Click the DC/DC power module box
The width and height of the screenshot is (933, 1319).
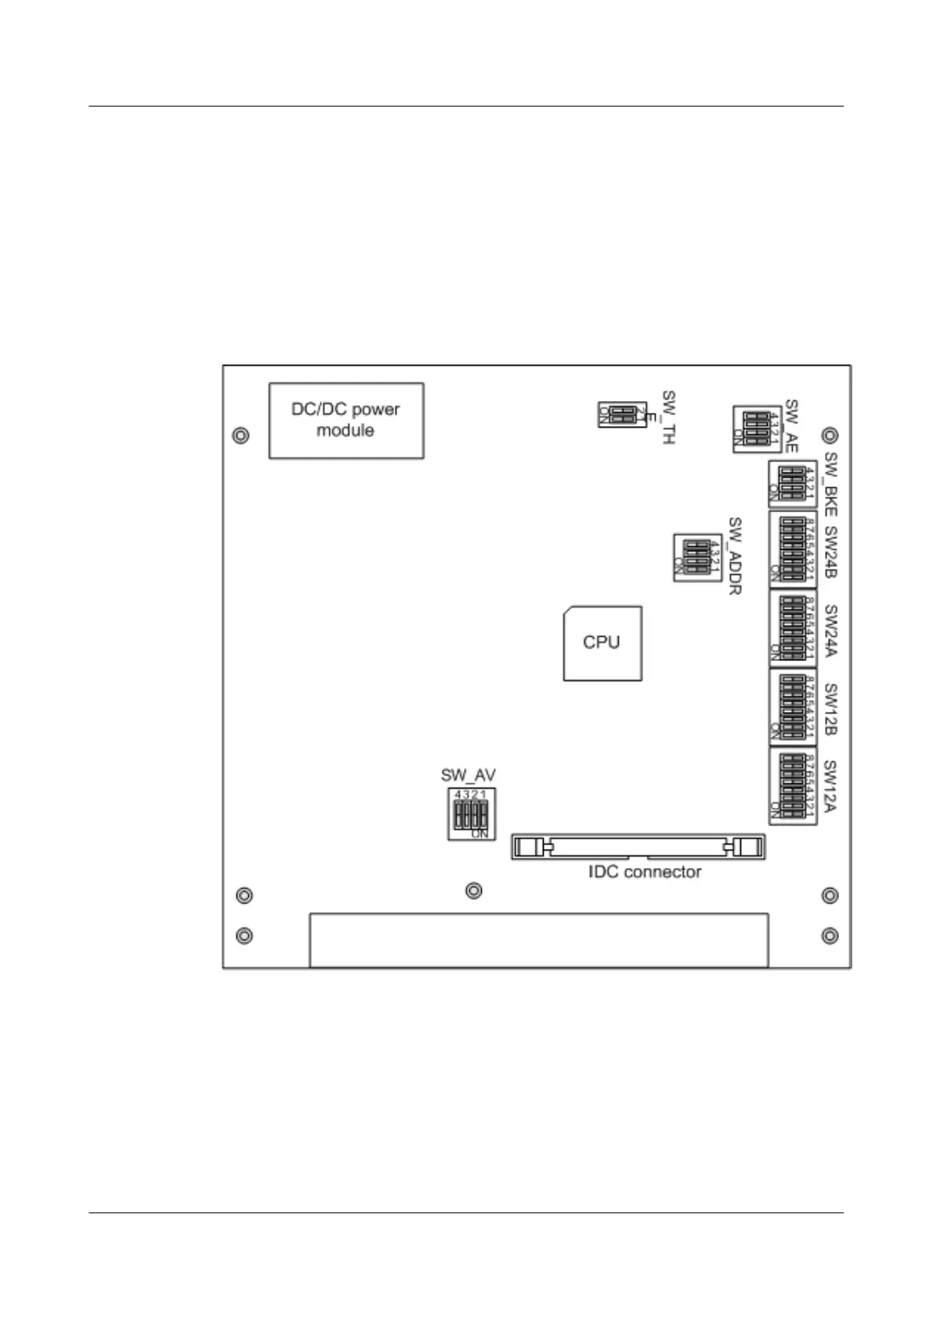click(346, 420)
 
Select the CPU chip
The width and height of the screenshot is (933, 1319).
click(602, 642)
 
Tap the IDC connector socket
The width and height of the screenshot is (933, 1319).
click(638, 847)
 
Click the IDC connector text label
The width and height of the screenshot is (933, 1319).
click(645, 872)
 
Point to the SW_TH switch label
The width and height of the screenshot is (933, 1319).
click(668, 418)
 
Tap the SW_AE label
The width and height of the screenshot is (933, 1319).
click(791, 426)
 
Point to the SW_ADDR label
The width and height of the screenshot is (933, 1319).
click(735, 555)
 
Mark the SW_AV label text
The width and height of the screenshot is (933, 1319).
click(468, 775)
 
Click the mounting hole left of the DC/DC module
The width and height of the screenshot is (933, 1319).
click(241, 435)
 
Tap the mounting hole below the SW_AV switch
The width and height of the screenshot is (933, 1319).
click(474, 891)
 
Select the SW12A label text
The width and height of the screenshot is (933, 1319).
click(831, 786)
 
